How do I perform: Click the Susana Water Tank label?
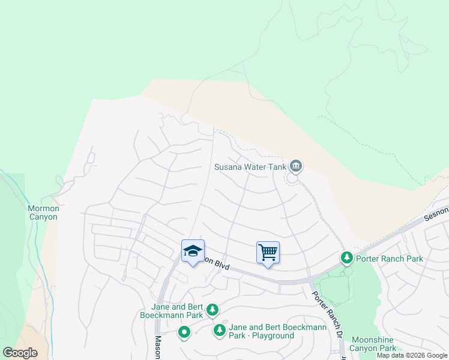tap(250, 166)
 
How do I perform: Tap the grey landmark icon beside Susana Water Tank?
tap(295, 166)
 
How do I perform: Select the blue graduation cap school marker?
tap(193, 251)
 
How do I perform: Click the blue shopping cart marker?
tap(268, 252)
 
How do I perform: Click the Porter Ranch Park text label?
tap(389, 259)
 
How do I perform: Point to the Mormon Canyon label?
tap(44, 212)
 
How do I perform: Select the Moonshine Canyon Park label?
tap(373, 344)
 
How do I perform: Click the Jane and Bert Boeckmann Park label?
tap(172, 310)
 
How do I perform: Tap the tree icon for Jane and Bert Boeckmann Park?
tap(212, 310)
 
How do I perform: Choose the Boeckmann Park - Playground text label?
tap(270, 331)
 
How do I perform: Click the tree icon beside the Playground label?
tap(220, 330)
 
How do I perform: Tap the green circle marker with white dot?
tap(184, 332)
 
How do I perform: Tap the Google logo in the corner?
tap(20, 353)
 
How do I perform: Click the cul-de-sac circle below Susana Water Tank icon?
tap(292, 178)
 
